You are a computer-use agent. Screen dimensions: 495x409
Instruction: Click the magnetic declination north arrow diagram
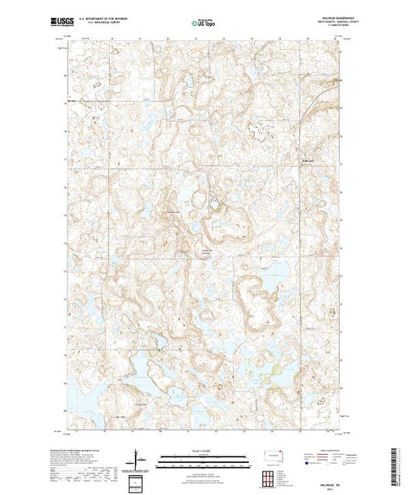coord(137,459)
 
